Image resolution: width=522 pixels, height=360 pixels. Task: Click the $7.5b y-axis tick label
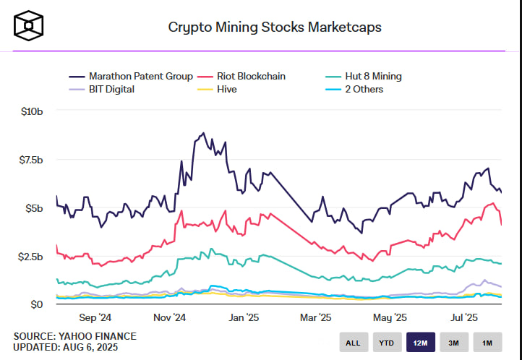31,160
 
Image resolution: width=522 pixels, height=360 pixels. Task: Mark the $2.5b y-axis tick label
31,257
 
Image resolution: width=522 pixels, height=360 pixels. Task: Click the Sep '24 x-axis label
95,317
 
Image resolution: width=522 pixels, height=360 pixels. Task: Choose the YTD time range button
387,342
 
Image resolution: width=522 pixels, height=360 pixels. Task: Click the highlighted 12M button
421,342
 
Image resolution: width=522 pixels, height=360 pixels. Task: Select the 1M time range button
488,342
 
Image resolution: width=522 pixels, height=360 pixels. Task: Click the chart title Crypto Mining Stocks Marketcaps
275,27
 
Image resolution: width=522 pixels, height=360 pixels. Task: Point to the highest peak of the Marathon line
204,133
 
